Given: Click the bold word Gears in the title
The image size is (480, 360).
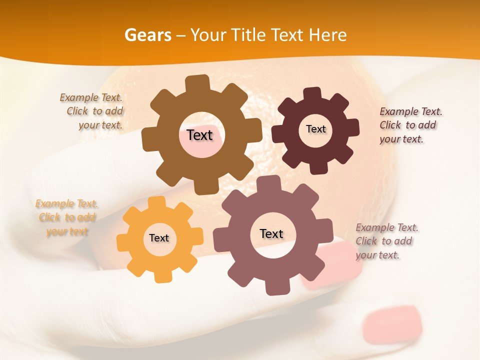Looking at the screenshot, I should (147, 35).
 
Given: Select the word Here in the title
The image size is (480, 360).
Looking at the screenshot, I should (328, 35).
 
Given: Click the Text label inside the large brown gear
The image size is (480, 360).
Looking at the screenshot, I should (199, 135).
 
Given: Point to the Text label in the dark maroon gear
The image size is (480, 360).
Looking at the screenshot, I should (315, 129).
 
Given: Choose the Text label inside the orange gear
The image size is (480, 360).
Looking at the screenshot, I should (159, 238).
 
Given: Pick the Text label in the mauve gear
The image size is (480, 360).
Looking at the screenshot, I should (271, 233).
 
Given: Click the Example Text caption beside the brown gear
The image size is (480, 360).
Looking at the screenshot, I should (92, 111).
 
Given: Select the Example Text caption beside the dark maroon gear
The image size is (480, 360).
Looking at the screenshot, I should (410, 125).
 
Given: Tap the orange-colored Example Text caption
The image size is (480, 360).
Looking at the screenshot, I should (67, 217).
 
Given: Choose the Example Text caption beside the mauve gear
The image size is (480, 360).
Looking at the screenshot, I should (386, 241).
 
